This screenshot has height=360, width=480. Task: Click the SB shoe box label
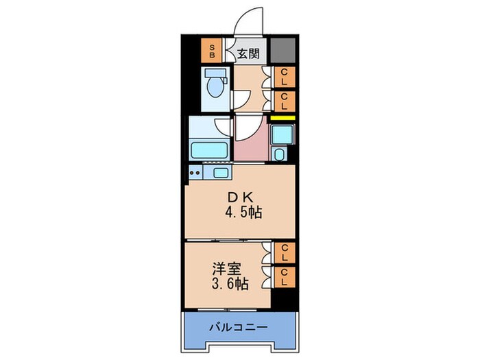click(213, 50)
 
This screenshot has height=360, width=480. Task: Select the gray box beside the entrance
click(282, 50)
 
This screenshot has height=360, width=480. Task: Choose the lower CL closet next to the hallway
click(283, 101)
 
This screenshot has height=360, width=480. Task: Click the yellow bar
click(282, 118)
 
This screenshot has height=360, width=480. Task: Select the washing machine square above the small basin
click(282, 134)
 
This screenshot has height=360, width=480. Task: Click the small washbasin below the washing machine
click(280, 154)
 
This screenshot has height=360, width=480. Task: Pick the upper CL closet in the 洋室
click(283, 254)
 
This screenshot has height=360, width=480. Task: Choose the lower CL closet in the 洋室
click(283, 278)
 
